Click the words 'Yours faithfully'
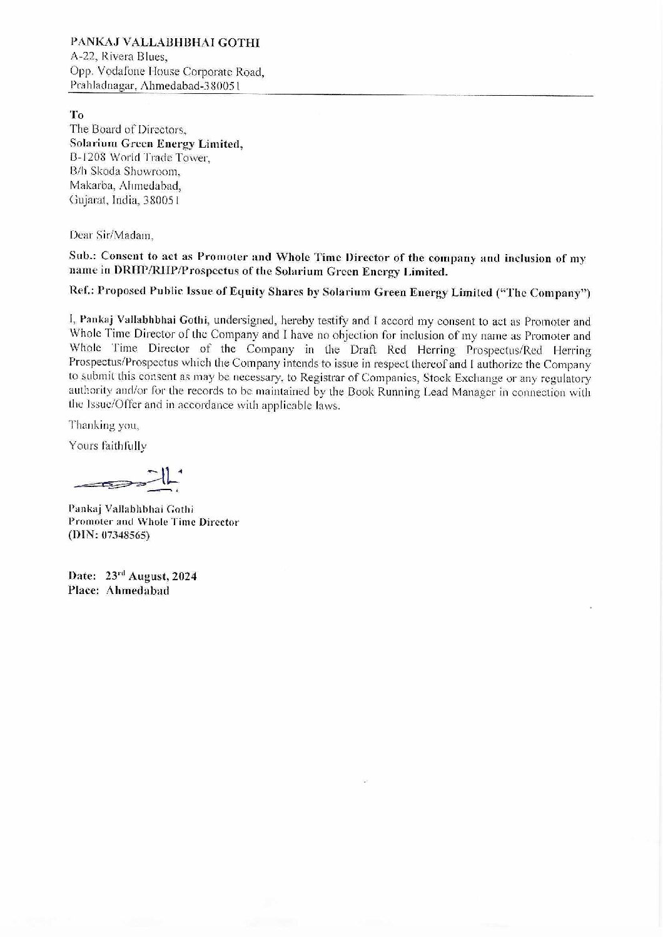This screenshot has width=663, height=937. click(108, 446)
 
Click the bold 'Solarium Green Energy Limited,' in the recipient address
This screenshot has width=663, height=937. click(156, 144)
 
